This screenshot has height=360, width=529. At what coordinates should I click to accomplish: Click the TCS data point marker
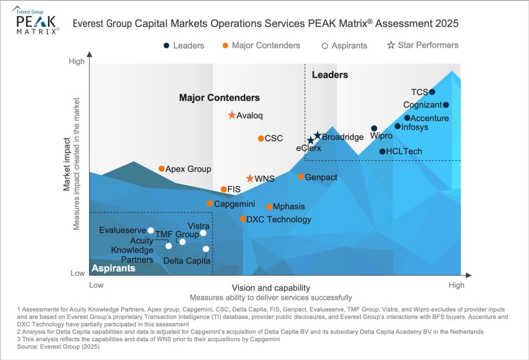point(432,92)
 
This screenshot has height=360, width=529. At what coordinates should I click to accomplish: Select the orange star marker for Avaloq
point(232,115)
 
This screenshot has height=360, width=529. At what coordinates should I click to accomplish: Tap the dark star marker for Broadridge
point(317,136)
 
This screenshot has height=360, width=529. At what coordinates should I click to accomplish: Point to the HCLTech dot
point(382,151)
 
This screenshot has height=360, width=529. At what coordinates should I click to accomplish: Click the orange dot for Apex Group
point(162,169)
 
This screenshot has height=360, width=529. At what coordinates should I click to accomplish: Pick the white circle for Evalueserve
point(151,230)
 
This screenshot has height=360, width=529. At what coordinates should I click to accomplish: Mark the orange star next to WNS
point(250,179)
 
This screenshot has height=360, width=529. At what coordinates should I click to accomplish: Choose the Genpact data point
point(301,176)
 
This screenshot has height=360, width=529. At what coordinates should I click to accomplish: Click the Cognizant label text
point(422,105)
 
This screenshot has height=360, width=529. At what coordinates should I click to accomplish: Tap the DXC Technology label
point(279,219)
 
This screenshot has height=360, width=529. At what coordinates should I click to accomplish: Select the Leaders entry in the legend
point(184,45)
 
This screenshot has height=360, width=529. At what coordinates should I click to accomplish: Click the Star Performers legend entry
point(423,45)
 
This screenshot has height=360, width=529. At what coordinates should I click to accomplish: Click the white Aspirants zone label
point(113,268)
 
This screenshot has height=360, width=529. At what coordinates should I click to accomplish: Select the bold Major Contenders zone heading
point(219,98)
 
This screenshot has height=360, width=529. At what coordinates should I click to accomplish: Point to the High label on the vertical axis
point(77,61)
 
